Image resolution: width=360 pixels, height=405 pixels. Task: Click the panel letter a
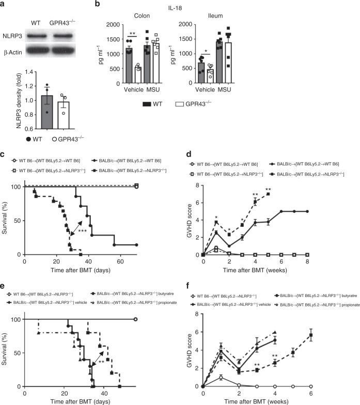pyautogui.click(x=4, y=5)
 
